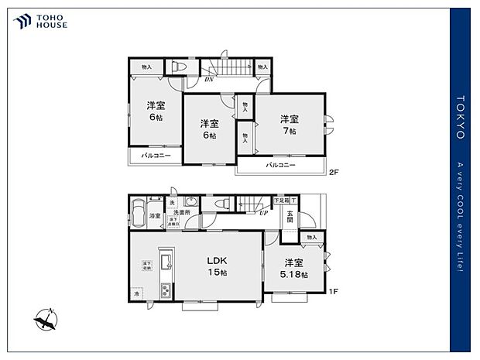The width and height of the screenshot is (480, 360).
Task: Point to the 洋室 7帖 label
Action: click(290, 124)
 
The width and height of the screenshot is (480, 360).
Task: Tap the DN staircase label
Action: click(209, 79)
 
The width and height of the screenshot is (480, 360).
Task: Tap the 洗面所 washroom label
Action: click(182, 212)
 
